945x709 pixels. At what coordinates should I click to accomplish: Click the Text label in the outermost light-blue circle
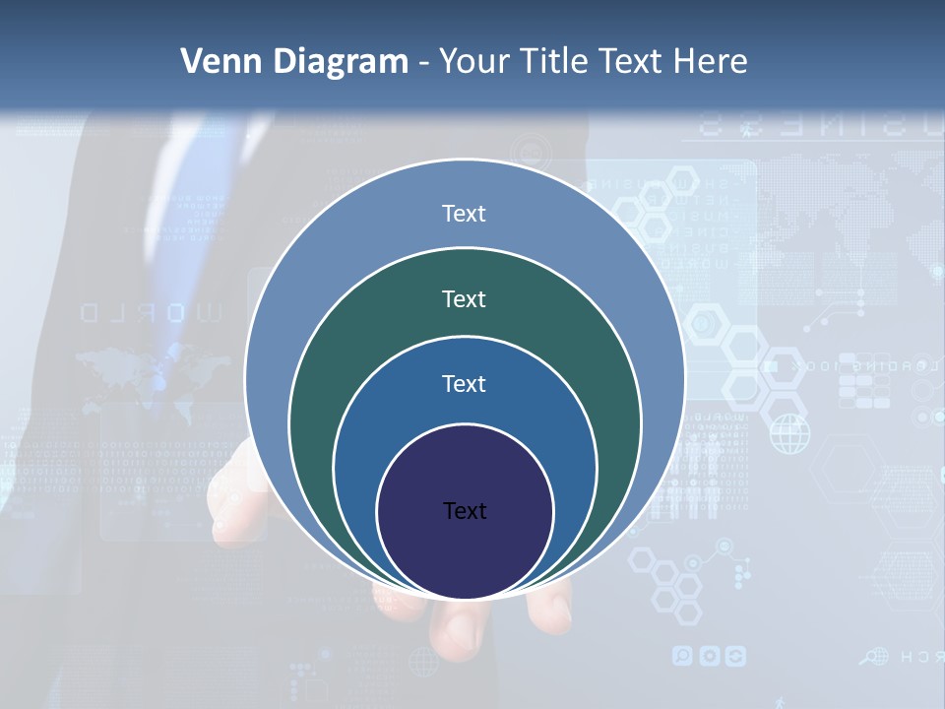(464, 214)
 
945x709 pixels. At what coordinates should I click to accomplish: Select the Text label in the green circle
(464, 298)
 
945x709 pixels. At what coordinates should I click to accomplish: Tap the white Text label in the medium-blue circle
(464, 384)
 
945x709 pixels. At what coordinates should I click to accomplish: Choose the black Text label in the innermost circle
(465, 511)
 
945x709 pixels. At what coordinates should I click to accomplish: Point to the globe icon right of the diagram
(788, 433)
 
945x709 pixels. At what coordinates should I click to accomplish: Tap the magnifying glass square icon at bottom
(682, 656)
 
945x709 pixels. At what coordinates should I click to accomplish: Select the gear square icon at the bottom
(709, 656)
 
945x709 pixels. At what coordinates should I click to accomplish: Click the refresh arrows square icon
(734, 656)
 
